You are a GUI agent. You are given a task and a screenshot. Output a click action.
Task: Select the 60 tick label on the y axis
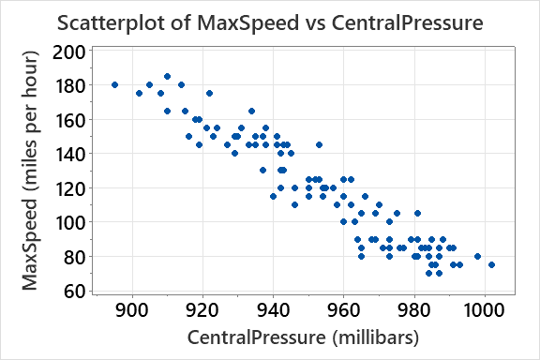(x=70, y=291)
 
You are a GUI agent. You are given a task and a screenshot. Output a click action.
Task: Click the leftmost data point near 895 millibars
(x=114, y=84)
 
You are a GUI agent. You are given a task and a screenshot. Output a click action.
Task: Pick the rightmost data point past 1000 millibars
(x=491, y=264)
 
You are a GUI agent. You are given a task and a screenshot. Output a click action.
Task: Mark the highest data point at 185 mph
(x=167, y=76)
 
